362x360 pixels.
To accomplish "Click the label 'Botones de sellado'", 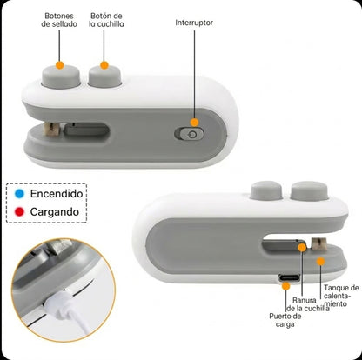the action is tap(59, 20).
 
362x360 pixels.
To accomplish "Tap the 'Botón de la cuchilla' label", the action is tap(106, 20).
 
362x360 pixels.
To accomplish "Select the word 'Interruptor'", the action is tap(194, 23).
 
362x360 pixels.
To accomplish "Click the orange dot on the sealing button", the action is tap(60, 65).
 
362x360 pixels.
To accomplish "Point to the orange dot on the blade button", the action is tap(104, 65).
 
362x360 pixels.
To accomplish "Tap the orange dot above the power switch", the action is tap(195, 123).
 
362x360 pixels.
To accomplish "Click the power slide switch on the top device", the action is tap(189, 134).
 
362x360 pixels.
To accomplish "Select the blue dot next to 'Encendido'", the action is tap(19, 194).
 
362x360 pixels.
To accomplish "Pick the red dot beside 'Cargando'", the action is tap(19, 212).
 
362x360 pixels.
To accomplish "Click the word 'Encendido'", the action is tap(57, 194).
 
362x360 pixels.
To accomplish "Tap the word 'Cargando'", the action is tap(55, 212).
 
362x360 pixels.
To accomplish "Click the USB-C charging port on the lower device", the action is tap(289, 277).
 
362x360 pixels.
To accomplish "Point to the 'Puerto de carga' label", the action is tap(285, 320).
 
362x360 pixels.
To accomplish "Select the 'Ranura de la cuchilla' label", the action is tap(308, 304).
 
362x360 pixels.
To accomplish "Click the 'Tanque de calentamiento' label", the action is tap(341, 296).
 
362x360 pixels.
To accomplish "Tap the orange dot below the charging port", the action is tap(286, 286).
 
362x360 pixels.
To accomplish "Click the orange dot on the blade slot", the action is tap(302, 248).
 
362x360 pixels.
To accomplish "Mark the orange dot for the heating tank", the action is tap(320, 262).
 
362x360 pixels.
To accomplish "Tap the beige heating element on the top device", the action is tap(51, 130).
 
